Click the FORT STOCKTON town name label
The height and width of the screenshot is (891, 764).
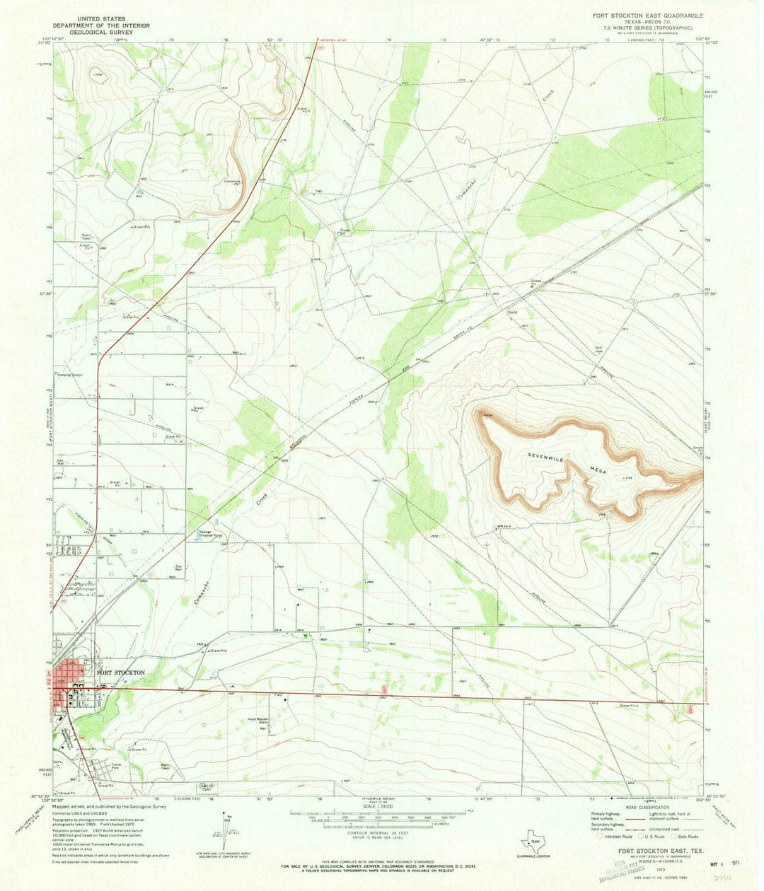121,672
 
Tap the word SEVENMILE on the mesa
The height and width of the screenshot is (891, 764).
549,460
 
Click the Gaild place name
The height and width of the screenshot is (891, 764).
514,312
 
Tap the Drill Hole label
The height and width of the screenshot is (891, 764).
598,348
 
